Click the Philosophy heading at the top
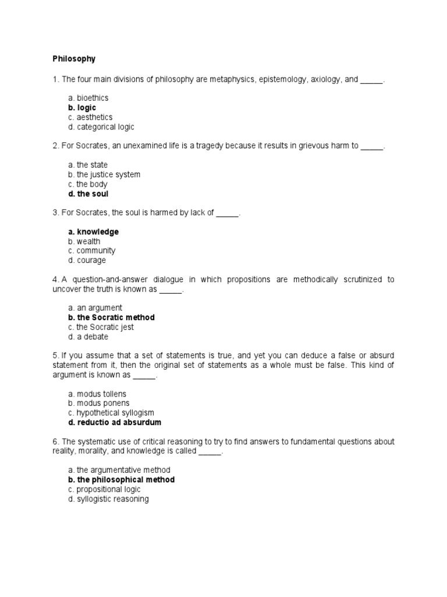point(74,59)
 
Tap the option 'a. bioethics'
point(88,98)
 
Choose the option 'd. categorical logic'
point(101,127)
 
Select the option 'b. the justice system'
point(104,174)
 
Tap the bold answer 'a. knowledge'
point(93,232)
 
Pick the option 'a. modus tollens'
point(97,394)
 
